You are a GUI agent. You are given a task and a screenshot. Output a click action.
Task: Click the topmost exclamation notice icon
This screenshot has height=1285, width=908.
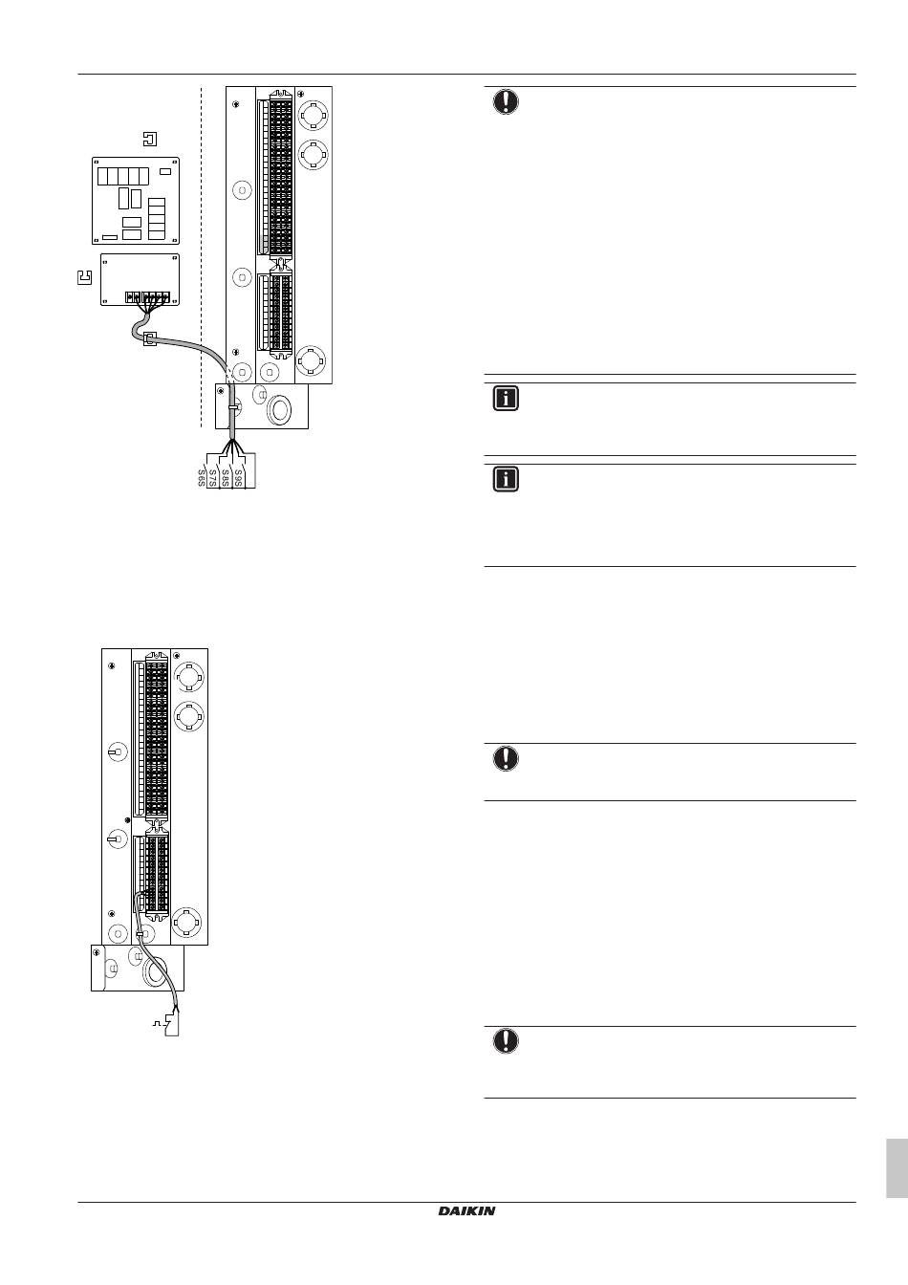click(506, 101)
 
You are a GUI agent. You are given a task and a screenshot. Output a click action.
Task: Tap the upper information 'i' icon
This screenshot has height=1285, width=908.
click(506, 399)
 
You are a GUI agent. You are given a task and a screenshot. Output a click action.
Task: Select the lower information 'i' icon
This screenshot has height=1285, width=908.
click(506, 479)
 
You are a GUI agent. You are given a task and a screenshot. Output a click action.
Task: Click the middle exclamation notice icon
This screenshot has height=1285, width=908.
click(506, 759)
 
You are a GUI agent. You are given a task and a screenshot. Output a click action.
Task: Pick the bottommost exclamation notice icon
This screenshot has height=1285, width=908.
click(506, 1041)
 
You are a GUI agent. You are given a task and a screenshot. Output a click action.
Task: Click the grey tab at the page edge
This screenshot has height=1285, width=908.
click(897, 1167)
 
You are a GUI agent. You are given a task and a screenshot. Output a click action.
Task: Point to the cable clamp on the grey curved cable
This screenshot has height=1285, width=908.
click(149, 338)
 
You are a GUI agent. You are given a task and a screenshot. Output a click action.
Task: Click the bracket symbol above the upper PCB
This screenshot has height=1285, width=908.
click(148, 140)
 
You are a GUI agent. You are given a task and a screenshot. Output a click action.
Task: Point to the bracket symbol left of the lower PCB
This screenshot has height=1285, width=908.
click(82, 278)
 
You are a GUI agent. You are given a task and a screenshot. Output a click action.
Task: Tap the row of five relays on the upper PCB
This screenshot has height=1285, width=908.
click(123, 176)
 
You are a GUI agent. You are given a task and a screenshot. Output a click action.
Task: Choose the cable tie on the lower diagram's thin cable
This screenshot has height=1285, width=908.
click(141, 933)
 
